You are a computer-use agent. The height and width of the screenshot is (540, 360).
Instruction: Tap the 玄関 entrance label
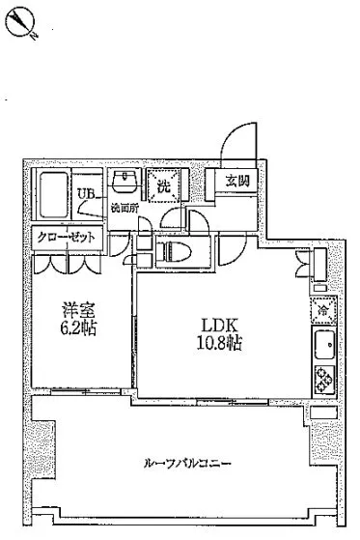(x=237, y=180)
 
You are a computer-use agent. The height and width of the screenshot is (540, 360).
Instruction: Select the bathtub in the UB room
(x=53, y=194)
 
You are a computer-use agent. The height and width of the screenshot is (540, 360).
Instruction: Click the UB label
(x=85, y=194)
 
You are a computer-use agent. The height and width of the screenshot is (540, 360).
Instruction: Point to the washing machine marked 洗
(x=163, y=186)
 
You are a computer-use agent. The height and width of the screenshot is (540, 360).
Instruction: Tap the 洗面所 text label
(x=125, y=209)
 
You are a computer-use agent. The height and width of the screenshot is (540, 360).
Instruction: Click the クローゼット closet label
(x=66, y=237)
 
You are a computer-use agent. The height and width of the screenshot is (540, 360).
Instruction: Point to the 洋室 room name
(x=78, y=309)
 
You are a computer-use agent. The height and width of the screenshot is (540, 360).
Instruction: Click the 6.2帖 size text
(x=78, y=327)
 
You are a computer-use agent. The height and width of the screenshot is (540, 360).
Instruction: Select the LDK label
(x=219, y=325)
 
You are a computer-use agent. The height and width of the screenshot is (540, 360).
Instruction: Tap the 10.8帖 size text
(x=219, y=343)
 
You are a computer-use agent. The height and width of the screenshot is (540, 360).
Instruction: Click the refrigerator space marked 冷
(x=323, y=310)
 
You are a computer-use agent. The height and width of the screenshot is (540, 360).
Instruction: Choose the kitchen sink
(x=324, y=345)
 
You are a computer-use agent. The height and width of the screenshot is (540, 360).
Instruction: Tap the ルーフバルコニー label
(x=187, y=463)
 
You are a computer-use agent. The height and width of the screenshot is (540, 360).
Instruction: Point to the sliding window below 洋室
(x=86, y=391)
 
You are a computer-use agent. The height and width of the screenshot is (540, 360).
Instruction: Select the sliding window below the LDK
(x=233, y=402)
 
